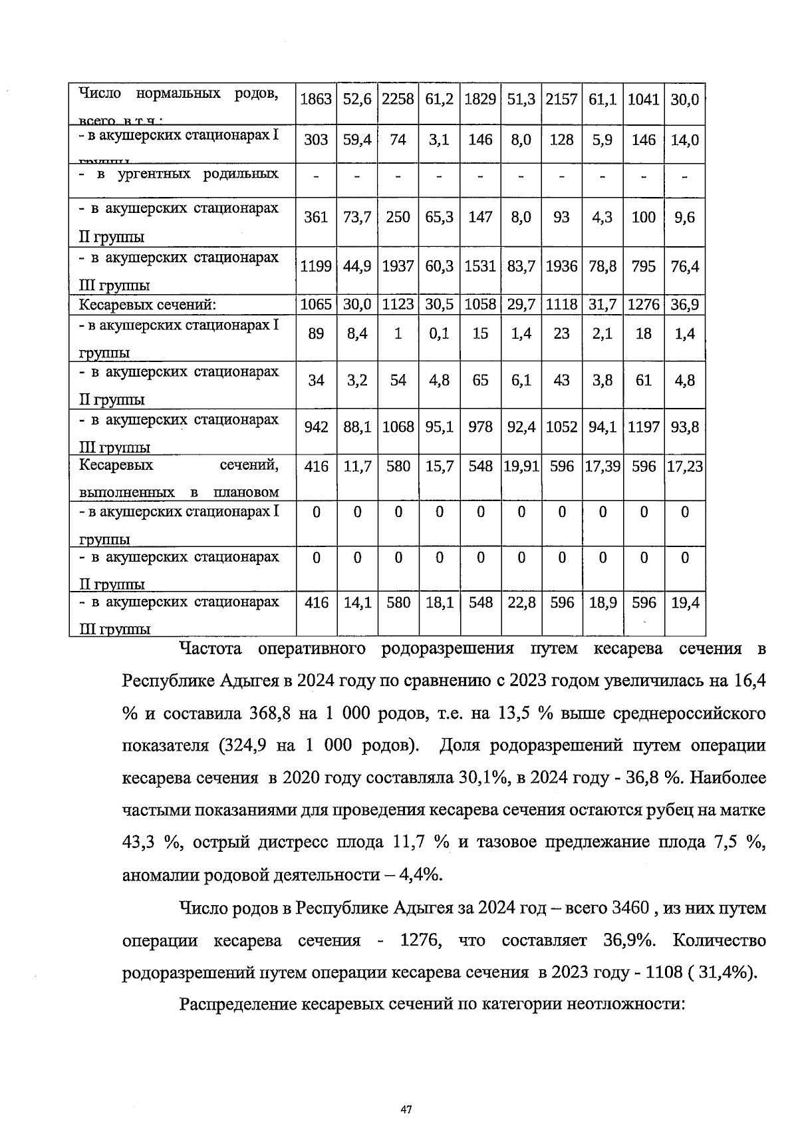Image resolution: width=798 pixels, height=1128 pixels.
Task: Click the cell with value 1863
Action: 316,100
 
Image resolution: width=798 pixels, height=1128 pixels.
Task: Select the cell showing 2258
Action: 398,100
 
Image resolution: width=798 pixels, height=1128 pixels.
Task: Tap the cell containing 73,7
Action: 357,217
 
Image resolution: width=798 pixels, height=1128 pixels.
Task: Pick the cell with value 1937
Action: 398,266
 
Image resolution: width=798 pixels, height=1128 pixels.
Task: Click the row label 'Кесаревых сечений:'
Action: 148,305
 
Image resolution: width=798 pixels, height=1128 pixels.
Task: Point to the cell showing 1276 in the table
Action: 643,305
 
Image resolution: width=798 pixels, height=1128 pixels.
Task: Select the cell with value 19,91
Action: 521,467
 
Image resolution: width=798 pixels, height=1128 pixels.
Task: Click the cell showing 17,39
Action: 602,467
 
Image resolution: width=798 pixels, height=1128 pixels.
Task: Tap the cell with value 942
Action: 316,427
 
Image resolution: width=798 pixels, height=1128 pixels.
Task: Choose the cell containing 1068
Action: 398,427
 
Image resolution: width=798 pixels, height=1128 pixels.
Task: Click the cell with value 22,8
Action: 521,603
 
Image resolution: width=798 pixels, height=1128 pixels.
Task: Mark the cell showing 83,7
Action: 521,266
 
